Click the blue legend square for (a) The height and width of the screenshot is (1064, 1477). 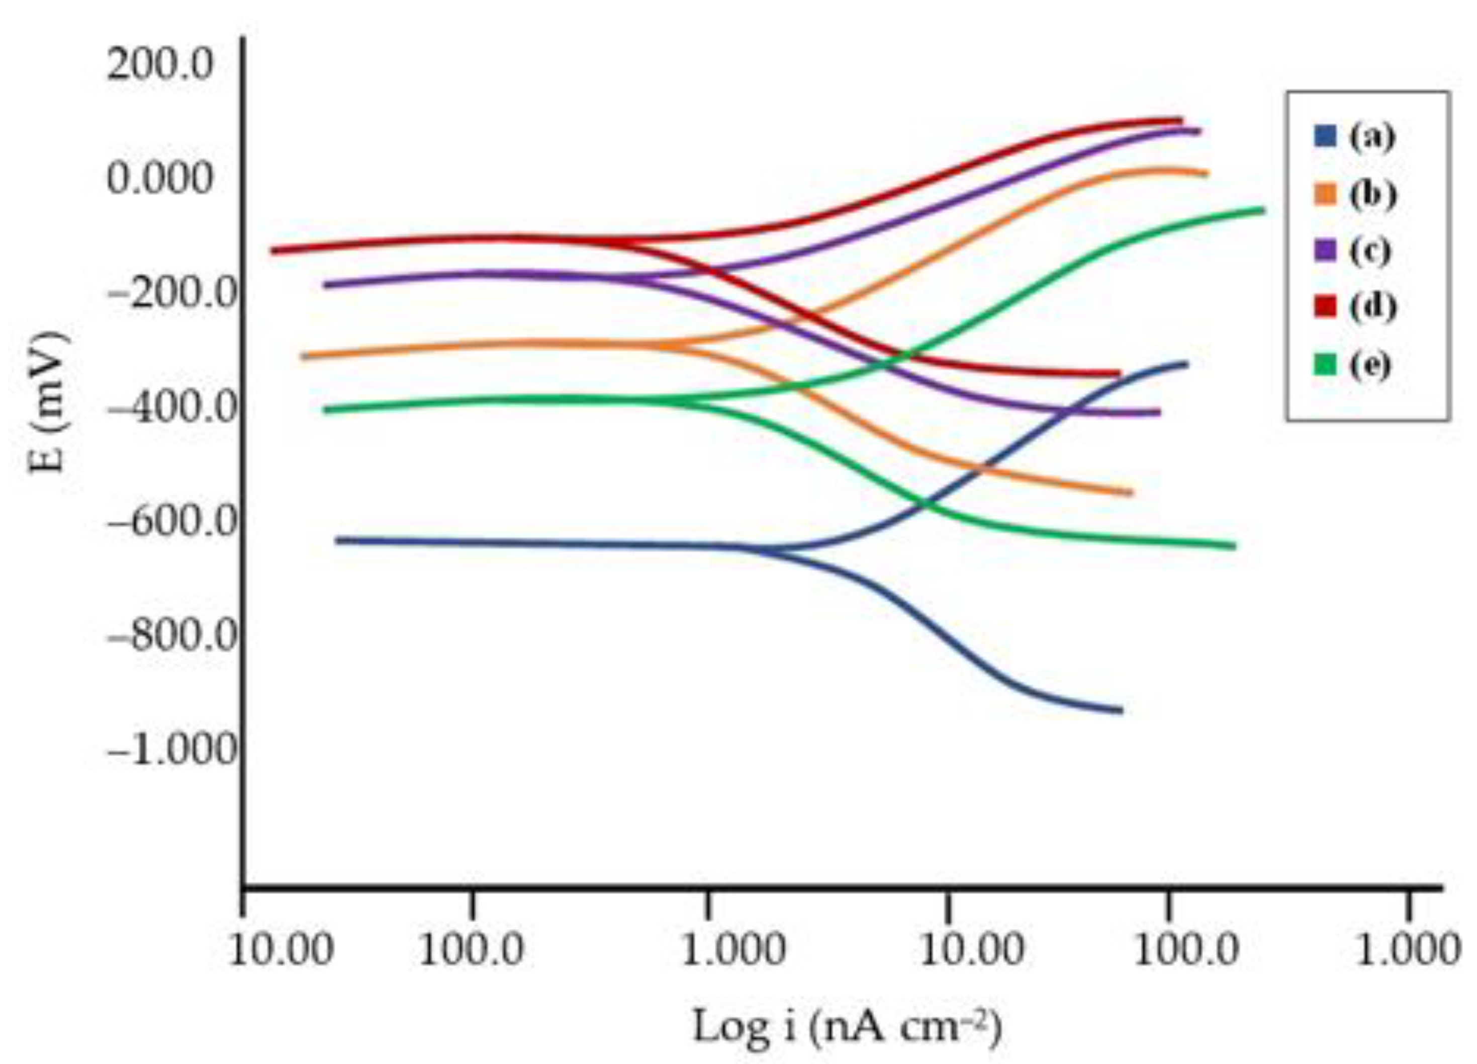1325,137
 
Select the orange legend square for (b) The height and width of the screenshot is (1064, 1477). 1325,194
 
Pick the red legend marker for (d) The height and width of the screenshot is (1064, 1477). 1325,307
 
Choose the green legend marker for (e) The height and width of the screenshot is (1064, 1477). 1325,364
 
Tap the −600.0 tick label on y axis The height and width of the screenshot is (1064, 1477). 170,522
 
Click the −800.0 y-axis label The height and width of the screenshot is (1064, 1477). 170,636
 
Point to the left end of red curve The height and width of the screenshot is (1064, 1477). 273,250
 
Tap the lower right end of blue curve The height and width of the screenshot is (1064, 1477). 1120,710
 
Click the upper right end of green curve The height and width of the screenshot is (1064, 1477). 1262,210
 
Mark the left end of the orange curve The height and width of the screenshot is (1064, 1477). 303,356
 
